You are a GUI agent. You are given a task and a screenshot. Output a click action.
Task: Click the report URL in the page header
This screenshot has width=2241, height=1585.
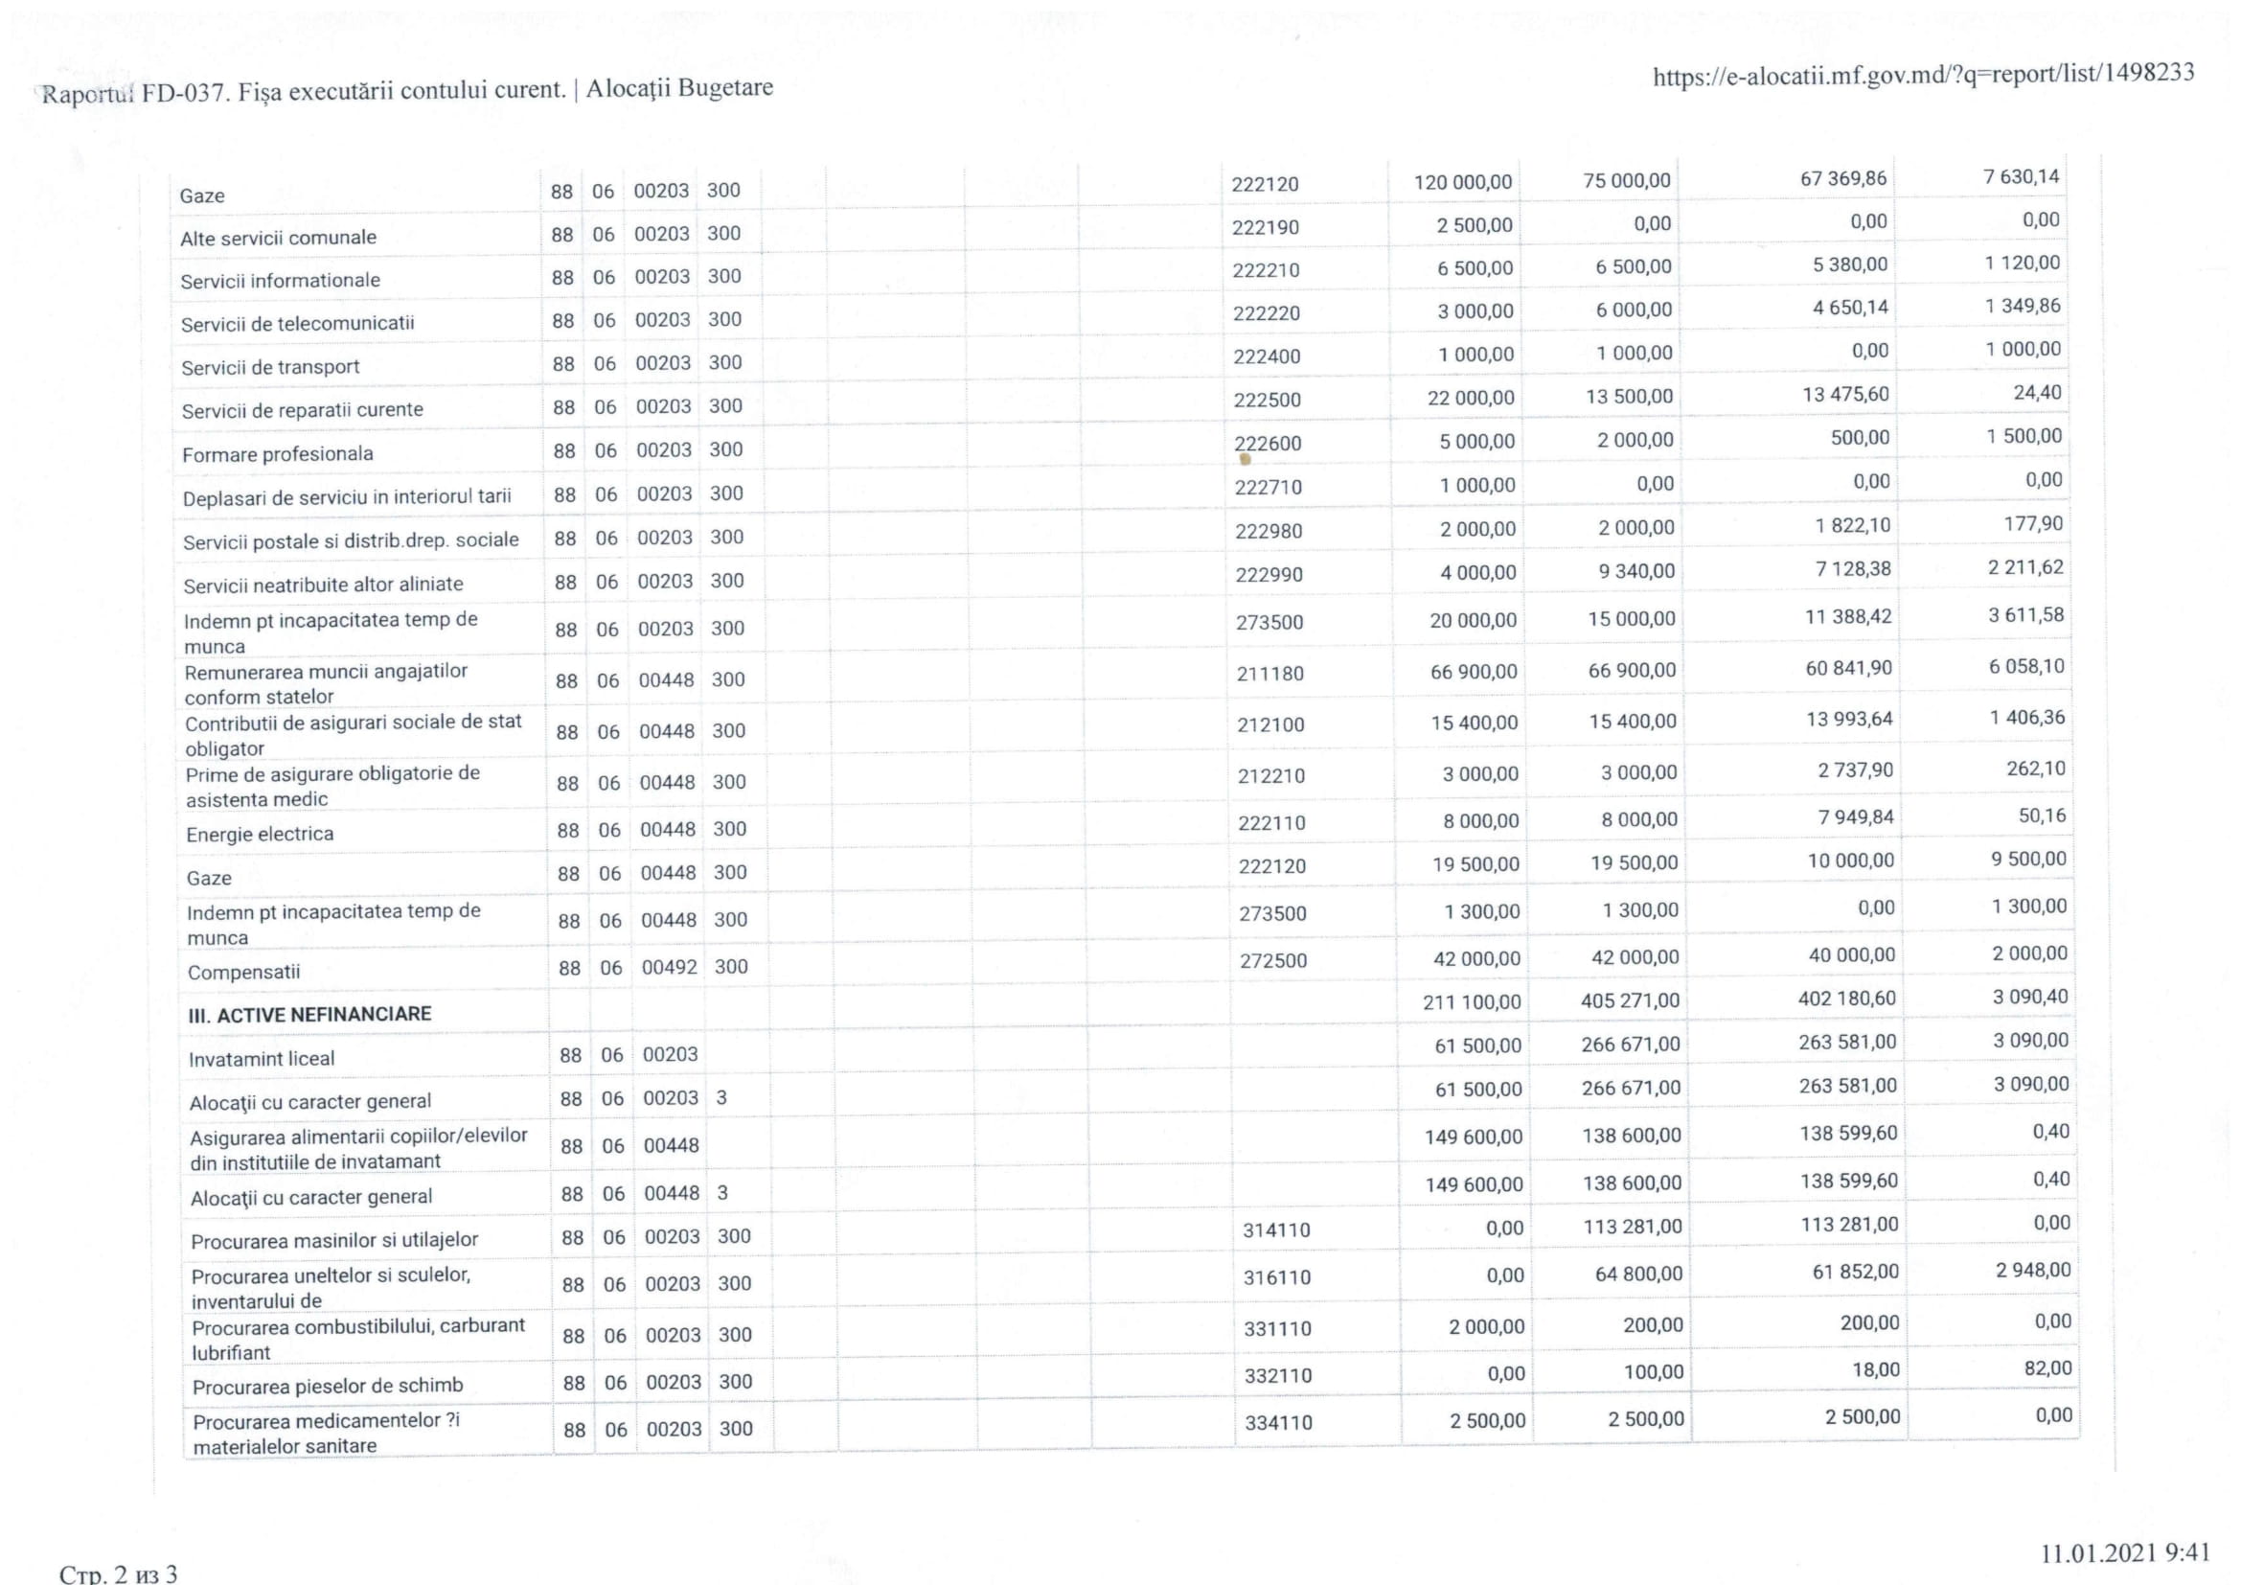[1923, 76]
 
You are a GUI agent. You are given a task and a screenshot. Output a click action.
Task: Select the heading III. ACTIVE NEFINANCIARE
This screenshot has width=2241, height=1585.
[309, 1014]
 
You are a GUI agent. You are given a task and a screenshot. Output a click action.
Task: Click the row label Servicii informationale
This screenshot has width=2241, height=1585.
[280, 281]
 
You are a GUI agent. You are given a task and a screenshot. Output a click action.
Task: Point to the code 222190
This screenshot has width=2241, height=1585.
[1265, 227]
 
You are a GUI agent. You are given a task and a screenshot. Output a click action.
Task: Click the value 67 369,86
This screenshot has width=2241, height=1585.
[1842, 178]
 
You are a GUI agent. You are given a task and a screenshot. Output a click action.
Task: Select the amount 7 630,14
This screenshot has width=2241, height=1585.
[2021, 176]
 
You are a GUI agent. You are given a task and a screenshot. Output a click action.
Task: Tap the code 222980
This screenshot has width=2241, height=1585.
[1268, 531]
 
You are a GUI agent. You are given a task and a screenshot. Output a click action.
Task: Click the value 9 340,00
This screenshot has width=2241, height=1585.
[1635, 571]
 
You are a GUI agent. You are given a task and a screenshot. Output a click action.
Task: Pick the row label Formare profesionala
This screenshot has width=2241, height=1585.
[277, 454]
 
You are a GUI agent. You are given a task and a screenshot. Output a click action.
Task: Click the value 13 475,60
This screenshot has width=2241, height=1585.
[1844, 394]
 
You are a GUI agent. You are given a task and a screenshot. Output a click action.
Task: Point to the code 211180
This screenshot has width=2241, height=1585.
[1269, 674]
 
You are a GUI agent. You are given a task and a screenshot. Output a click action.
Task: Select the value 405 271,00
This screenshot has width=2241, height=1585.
[1630, 1000]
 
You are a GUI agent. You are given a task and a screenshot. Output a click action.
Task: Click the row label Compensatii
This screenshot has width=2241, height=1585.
[244, 972]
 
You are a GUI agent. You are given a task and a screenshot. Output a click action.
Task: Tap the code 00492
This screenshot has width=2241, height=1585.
[669, 967]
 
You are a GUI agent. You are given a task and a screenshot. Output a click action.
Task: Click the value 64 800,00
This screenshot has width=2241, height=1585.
[1637, 1274]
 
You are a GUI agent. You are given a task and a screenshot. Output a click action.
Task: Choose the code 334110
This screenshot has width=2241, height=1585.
[1278, 1423]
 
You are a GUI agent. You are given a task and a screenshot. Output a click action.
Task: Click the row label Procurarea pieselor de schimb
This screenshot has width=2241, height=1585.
[327, 1386]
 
